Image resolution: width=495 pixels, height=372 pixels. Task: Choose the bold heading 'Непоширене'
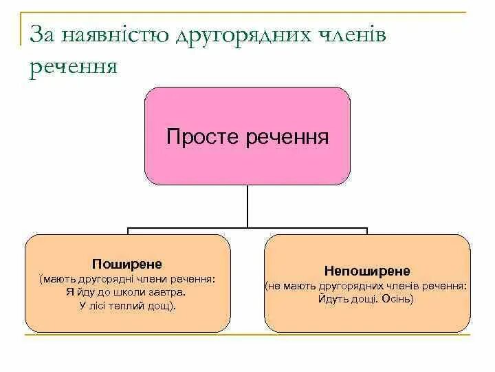pos(367,271)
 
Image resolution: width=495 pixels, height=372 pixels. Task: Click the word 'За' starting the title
pos(38,34)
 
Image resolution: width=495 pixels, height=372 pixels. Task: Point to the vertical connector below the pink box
pos(247,206)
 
